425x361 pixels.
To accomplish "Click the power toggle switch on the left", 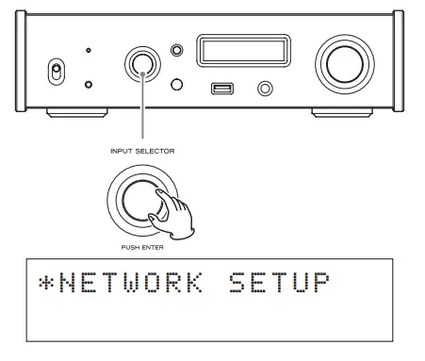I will pos(55,73).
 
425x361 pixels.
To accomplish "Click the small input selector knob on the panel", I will pos(142,62).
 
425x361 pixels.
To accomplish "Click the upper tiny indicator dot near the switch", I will pos(88,50).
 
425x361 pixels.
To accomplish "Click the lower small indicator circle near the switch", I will pos(88,85).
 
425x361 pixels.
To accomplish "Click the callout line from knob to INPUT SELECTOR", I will pos(142,113).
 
